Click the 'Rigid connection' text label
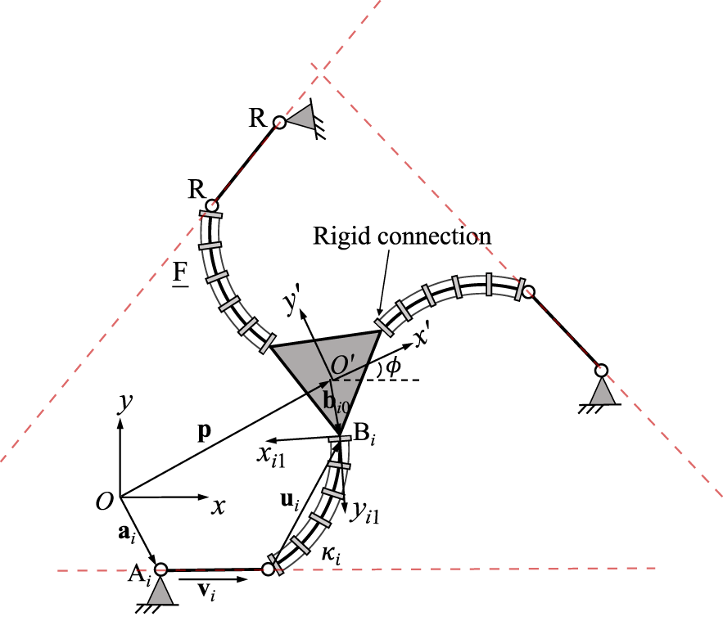pos(401,236)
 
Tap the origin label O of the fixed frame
pos(103,502)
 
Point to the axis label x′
pos(423,336)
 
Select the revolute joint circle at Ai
pos(161,569)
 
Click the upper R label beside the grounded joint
pos(257,118)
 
